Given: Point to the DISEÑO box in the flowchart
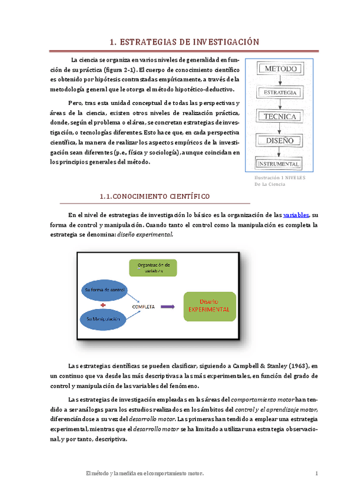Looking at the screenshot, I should (x=279, y=140).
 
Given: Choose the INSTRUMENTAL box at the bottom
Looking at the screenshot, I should (x=279, y=164).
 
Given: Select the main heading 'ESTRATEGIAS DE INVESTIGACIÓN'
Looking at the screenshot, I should (x=186, y=42).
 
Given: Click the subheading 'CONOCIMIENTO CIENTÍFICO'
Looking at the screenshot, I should (x=155, y=196).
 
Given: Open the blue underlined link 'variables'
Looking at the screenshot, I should (x=297, y=215).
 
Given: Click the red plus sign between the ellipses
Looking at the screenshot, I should (x=103, y=304).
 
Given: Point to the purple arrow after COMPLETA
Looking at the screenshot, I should (x=168, y=307).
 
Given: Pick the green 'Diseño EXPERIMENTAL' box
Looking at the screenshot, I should (x=209, y=305).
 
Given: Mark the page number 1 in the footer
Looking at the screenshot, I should (x=317, y=473).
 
